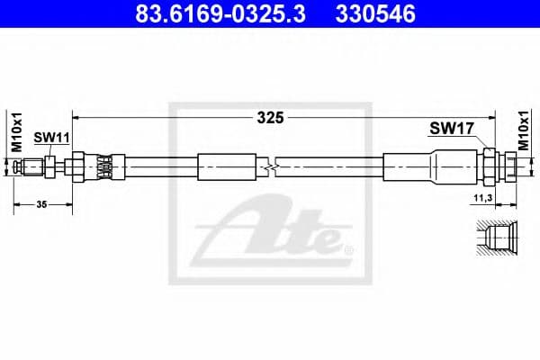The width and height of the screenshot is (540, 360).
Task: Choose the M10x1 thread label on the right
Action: [x=525, y=131]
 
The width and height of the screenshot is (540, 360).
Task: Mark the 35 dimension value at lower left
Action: [x=41, y=206]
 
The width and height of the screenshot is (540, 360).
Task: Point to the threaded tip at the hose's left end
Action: [x=34, y=166]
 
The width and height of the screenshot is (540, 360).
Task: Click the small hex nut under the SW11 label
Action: [x=52, y=166]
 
